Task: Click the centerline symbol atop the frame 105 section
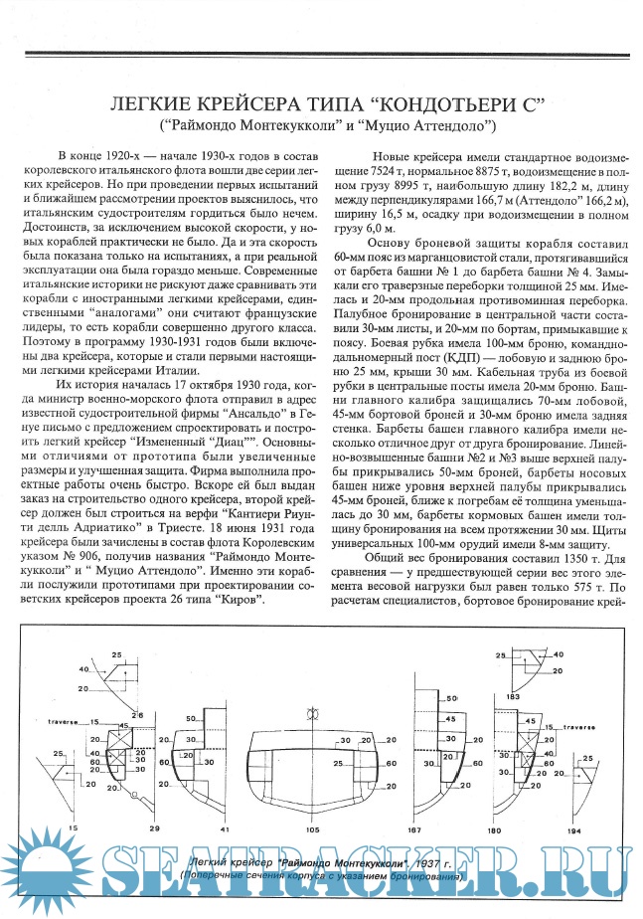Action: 312,713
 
